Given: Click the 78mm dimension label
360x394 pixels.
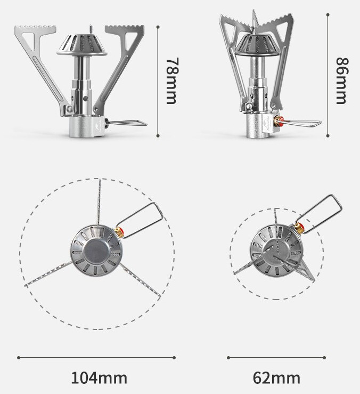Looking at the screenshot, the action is point(173,81).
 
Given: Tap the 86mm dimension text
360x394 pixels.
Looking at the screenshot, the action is point(342,81).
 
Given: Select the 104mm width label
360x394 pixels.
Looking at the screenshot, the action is point(99,377).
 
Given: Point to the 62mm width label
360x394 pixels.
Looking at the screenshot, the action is point(276,377).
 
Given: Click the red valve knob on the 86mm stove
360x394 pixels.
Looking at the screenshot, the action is point(281,122).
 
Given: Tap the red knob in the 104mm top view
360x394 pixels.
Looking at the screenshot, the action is point(120,230).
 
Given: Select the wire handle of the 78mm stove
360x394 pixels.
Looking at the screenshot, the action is point(127,123).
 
